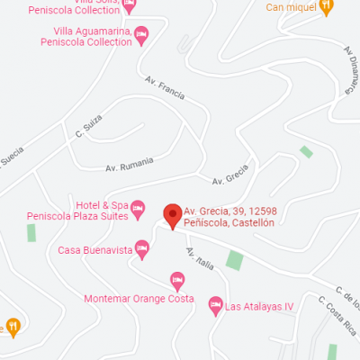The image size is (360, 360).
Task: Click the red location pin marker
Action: click(171, 216)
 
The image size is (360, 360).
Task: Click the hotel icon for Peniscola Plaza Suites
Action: click(138, 210)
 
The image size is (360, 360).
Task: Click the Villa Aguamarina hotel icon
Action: click(141, 34)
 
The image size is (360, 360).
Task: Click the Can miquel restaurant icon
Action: click(327, 7)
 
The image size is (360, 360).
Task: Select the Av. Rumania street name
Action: click(130, 165)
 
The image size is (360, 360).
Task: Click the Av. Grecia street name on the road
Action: click(229, 179)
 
